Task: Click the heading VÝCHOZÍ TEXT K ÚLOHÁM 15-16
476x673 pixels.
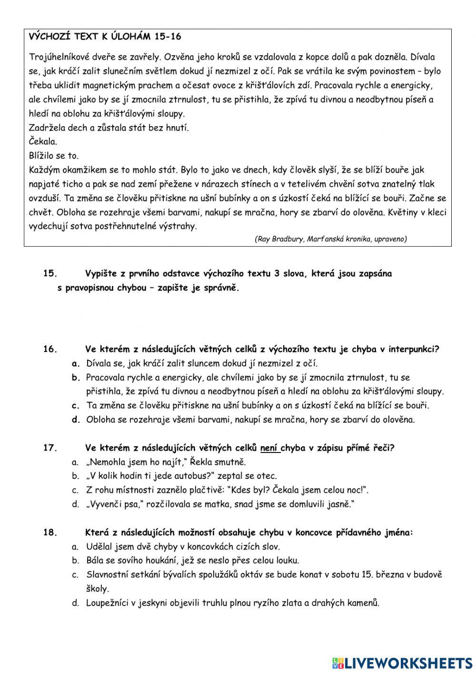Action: tap(105, 37)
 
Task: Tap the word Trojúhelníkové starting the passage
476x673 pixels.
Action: tap(57, 57)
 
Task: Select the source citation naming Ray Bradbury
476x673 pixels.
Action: tap(331, 239)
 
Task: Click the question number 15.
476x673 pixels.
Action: tap(50, 273)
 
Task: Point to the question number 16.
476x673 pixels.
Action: tap(50, 349)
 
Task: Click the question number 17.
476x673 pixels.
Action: tap(50, 448)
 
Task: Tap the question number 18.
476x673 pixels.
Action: tap(50, 532)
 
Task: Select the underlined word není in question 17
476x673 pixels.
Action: tap(269, 448)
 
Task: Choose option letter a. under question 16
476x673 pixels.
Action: tap(76, 363)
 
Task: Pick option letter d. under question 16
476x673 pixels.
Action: tap(76, 420)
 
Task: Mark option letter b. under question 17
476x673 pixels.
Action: tap(75, 476)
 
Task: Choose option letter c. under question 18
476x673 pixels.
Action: tap(75, 575)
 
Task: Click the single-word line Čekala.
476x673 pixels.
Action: tap(43, 141)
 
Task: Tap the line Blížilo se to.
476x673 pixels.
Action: tap(54, 156)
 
